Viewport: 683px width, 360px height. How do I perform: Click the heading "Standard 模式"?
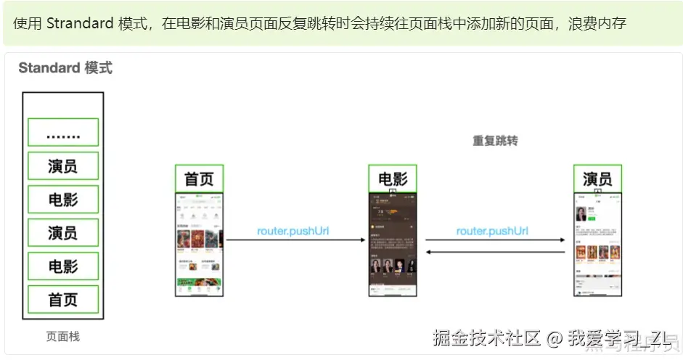tap(65, 68)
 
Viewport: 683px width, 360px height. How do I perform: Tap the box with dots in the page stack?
tap(63, 133)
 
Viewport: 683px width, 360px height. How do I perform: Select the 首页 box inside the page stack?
tap(63, 299)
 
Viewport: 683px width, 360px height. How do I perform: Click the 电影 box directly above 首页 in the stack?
tap(63, 266)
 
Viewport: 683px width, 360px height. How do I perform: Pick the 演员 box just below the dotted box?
tap(63, 166)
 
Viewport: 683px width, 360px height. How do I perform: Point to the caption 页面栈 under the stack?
tap(63, 337)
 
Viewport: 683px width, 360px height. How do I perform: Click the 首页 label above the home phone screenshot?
tap(199, 179)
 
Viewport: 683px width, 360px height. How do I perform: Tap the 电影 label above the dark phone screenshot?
tap(393, 179)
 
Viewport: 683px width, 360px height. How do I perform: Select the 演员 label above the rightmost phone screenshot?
tap(597, 179)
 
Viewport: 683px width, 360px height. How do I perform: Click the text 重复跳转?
tap(495, 141)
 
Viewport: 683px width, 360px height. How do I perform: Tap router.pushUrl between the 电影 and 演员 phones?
tap(492, 232)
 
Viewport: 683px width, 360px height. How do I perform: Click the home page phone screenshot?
tap(199, 244)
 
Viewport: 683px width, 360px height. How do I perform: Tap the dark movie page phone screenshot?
tap(393, 244)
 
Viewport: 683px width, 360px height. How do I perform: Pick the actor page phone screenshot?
tap(597, 244)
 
